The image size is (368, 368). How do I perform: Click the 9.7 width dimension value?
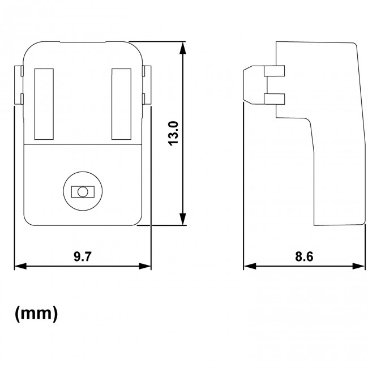pos(83,256)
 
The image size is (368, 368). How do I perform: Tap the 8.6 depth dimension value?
pos(304,256)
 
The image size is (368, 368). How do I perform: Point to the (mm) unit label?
pos(36,313)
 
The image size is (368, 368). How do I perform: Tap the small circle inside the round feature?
pos(83,192)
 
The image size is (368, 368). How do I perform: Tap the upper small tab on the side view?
pos(274,71)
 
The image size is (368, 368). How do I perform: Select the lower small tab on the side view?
pos(274,100)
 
